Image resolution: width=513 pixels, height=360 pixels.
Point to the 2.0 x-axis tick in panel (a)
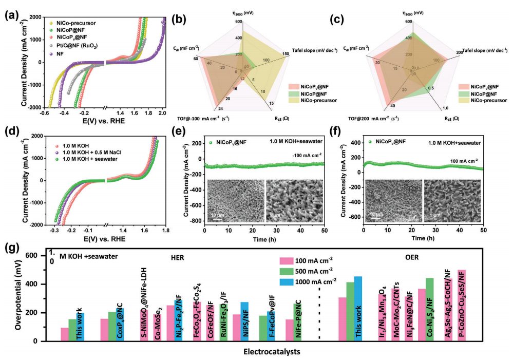point(163,112)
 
